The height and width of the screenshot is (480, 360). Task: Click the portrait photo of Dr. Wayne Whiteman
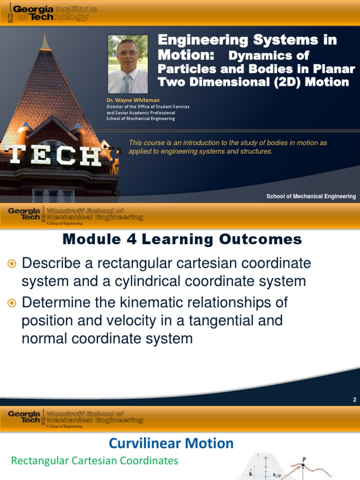pos(127,64)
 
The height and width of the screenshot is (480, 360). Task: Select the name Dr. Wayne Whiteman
pos(133,100)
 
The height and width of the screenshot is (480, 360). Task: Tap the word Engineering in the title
pos(203,40)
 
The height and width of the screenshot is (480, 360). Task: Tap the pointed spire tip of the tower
pos(45,30)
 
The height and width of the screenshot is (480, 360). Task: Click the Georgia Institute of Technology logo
pos(52,13)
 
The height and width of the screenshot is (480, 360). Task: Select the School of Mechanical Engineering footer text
pos(311,196)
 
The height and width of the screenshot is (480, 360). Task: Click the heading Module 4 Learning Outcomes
pos(182,239)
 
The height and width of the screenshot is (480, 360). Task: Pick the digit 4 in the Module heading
pos(132,239)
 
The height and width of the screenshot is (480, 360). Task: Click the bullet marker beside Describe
pos(12,263)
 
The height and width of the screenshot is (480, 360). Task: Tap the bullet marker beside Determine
pos(12,303)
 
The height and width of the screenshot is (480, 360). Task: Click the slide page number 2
pos(354,399)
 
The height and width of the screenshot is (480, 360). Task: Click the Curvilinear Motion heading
pos(171,443)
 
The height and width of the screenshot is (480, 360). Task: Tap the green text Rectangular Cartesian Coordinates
pos(95,460)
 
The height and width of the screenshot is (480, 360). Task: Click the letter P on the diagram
pos(304,459)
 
